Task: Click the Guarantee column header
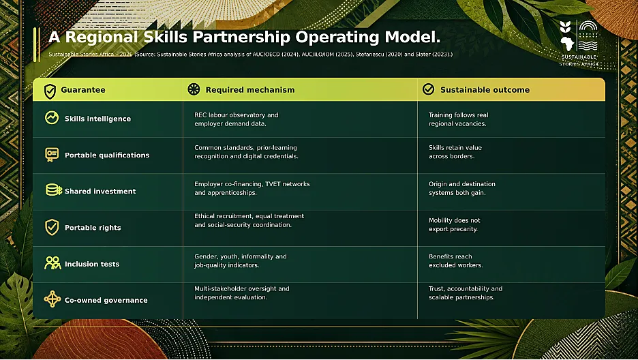83,90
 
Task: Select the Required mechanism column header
250,90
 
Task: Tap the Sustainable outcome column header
485,90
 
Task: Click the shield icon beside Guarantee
50,91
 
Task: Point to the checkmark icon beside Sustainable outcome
428,89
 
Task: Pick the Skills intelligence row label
97,119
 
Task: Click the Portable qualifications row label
107,155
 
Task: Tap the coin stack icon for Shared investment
53,190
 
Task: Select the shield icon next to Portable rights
52,227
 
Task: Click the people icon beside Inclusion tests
52,263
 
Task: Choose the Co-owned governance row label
106,300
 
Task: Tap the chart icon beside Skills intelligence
52,117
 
